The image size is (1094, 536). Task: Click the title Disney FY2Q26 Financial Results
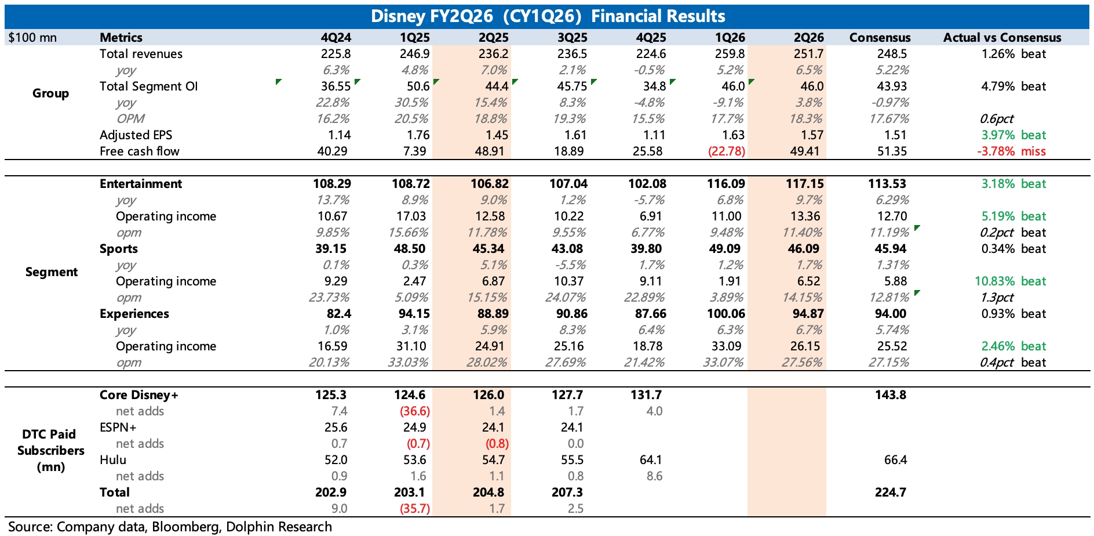[x=548, y=16]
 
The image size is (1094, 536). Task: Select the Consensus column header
[x=880, y=38]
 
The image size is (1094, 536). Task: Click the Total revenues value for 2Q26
[x=808, y=54]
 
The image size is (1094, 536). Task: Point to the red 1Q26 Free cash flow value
[x=727, y=151]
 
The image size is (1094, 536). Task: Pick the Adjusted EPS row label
[x=136, y=135]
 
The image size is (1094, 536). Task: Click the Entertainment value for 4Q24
[x=332, y=184]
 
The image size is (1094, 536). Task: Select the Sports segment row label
[x=119, y=249]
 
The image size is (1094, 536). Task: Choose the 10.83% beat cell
[x=1010, y=281]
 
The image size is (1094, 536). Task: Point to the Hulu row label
[x=113, y=460]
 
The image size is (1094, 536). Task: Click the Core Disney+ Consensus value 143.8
[x=891, y=395]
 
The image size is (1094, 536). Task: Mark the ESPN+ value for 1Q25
[x=414, y=428]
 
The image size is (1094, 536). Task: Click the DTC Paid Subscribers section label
[x=51, y=451]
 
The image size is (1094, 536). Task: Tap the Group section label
[x=51, y=93]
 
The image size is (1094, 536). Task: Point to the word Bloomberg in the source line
[x=186, y=527]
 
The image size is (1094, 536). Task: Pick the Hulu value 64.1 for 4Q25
[x=651, y=460]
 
